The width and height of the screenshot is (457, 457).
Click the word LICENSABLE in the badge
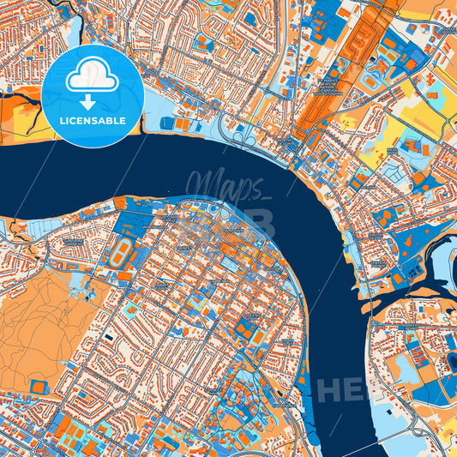point(93,121)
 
